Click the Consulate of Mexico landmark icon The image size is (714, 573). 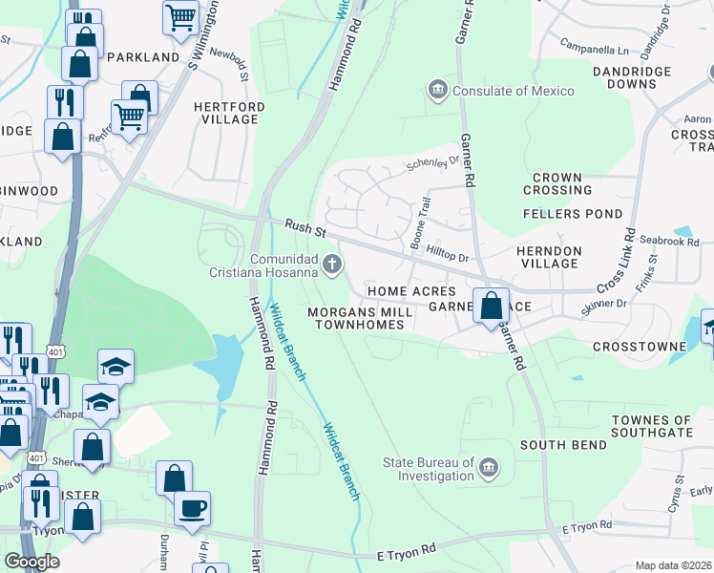pyautogui.click(x=438, y=91)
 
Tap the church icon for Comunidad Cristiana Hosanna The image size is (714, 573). pyautogui.click(x=332, y=264)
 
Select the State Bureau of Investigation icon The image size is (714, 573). pyautogui.click(x=488, y=467)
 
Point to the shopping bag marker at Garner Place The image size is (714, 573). pyautogui.click(x=491, y=307)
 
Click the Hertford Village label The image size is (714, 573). pyautogui.click(x=226, y=113)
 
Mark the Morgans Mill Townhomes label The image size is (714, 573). pyautogui.click(x=360, y=318)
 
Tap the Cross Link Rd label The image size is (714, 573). pyautogui.click(x=619, y=260)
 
